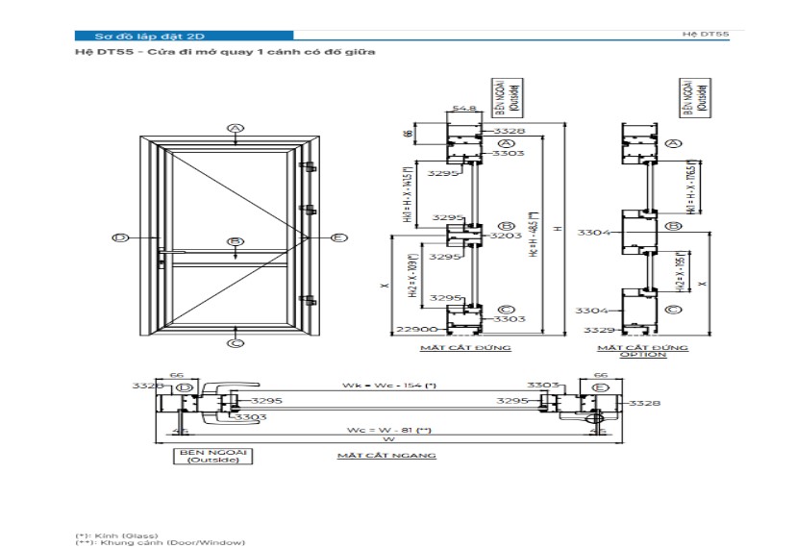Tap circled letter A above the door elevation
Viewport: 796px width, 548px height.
pyautogui.click(x=236, y=128)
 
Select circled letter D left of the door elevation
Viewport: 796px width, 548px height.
pyautogui.click(x=121, y=237)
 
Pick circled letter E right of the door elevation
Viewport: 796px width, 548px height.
pyautogui.click(x=338, y=237)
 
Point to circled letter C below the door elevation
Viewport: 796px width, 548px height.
pyautogui.click(x=236, y=342)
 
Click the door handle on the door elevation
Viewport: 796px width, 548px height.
pyautogui.click(x=171, y=255)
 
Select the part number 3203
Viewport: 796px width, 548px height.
pyautogui.click(x=507, y=235)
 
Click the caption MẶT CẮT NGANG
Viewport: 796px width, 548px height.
pyautogui.click(x=386, y=455)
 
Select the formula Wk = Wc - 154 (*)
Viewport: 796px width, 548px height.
pyautogui.click(x=389, y=386)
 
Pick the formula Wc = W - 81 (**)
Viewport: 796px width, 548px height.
pyautogui.click(x=389, y=430)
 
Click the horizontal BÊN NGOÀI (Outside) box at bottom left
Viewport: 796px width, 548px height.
pyautogui.click(x=213, y=456)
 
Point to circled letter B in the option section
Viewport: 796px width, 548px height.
pyautogui.click(x=674, y=226)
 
